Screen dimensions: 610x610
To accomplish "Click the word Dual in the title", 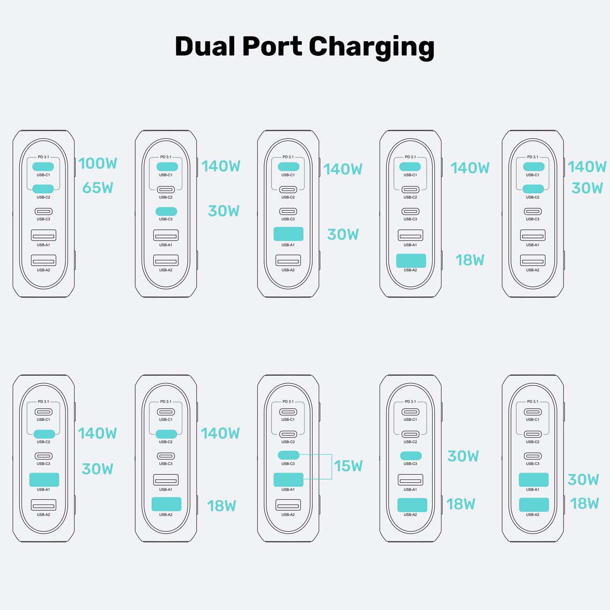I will coord(206,46).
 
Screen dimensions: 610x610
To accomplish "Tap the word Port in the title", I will coord(272,46).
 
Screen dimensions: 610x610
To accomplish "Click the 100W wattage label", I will coord(98,163).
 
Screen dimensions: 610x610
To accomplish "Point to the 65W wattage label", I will coord(98,188).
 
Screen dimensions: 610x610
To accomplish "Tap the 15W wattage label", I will coord(348,466).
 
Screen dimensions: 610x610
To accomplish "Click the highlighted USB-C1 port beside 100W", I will coord(43,167).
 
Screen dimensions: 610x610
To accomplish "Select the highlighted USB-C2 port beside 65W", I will coord(43,189).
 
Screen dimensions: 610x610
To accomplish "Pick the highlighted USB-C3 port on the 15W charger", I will coord(288,455).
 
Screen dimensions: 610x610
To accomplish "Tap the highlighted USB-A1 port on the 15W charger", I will coord(288,480).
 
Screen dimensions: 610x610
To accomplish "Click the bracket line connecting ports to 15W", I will coord(331,466).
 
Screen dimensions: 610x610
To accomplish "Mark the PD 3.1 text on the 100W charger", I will coord(43,157).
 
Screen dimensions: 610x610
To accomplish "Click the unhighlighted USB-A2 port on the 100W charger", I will coord(43,260).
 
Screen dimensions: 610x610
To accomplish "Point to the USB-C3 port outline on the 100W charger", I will coord(43,212).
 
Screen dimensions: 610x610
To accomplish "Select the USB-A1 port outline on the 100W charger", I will coord(43,235).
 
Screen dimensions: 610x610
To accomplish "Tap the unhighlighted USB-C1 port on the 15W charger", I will coord(288,412).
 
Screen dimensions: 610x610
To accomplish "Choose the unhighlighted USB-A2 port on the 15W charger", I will coord(288,505).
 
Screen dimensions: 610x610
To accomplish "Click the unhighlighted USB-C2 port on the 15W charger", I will coord(288,434).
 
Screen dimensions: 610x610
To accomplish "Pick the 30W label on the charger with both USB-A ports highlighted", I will coord(583,480).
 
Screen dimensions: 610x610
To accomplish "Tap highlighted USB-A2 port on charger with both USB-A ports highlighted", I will coord(534,504).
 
